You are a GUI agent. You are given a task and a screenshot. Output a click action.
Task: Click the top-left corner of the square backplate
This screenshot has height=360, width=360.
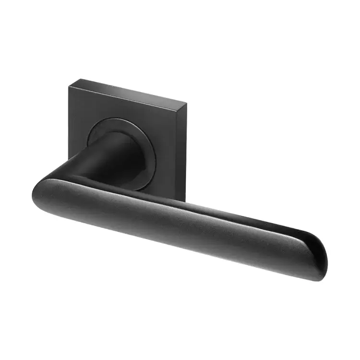(70, 85)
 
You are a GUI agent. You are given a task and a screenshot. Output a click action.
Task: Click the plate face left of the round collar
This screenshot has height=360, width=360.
(78, 130)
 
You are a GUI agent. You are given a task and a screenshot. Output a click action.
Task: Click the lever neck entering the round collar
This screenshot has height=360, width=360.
(115, 149)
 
